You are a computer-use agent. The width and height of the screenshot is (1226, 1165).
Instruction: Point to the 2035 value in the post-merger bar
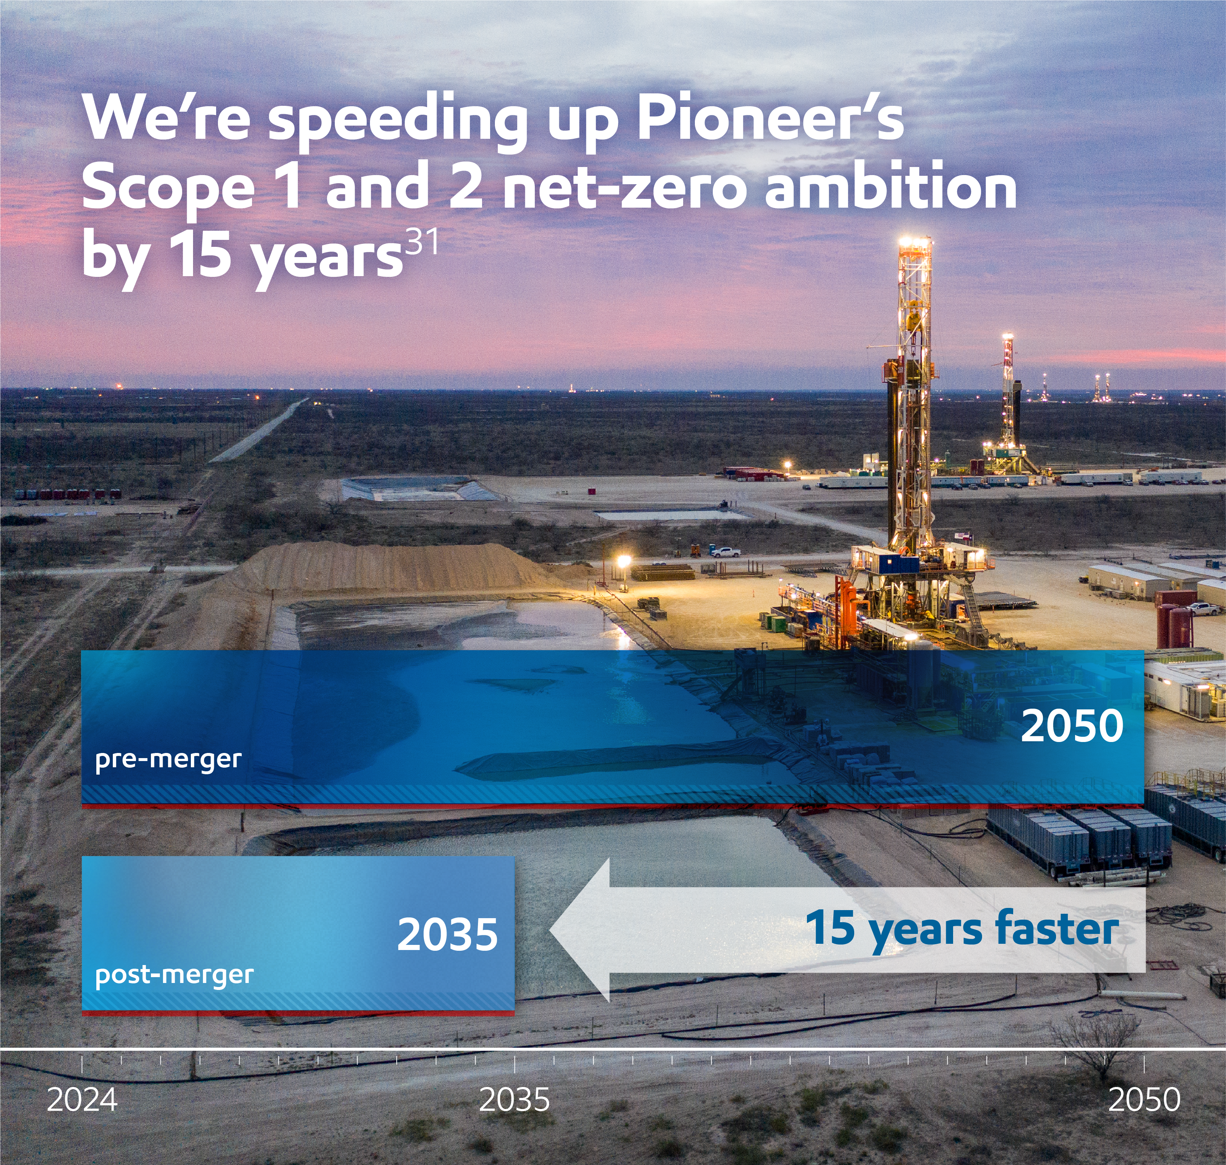coord(447,935)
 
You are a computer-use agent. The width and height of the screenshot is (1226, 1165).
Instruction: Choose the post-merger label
coord(174,975)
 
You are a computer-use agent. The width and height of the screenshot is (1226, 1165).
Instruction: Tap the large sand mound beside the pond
coord(385,565)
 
